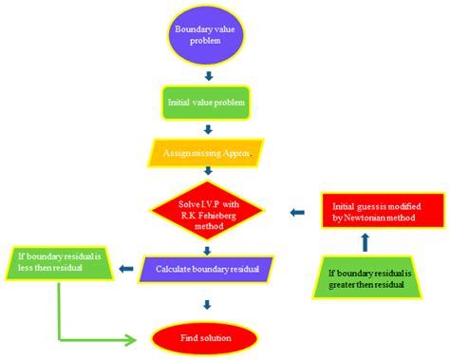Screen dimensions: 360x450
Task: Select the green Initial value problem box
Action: [x=207, y=103]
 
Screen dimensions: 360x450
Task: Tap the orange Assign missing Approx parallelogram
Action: [x=206, y=151]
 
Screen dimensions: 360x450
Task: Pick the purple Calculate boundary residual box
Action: [x=206, y=269]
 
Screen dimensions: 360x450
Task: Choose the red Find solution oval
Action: [x=206, y=337]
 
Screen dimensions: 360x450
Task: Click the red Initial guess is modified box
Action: [x=381, y=212]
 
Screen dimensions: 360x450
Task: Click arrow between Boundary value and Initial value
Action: [x=207, y=73]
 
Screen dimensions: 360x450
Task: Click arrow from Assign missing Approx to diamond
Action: [x=207, y=172]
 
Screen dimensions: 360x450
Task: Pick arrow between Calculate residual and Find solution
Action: [x=207, y=304]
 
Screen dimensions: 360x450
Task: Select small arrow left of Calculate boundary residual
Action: [x=124, y=269]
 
